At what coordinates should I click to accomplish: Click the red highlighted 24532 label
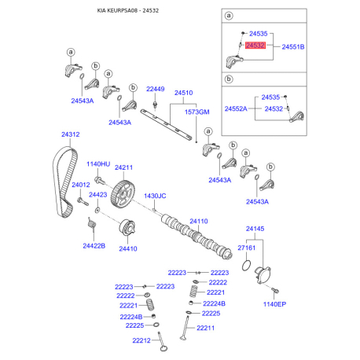(x=255, y=46)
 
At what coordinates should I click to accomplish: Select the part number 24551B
(x=293, y=47)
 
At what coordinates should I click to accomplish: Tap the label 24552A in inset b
(x=236, y=108)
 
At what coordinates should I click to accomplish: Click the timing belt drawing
(x=65, y=182)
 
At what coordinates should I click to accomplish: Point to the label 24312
(x=71, y=134)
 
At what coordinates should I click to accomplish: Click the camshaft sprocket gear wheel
(x=123, y=194)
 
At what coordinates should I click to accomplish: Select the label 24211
(x=123, y=167)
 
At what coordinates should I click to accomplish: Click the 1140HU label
(x=98, y=164)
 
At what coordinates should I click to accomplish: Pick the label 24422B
(x=94, y=246)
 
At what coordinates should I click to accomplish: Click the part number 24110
(x=199, y=222)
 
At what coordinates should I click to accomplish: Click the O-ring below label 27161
(x=246, y=266)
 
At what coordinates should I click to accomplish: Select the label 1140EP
(x=274, y=304)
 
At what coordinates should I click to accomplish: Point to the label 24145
(x=255, y=229)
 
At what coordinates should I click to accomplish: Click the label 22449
(x=156, y=89)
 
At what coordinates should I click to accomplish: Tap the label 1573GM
(x=197, y=112)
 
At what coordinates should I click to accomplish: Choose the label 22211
(x=205, y=328)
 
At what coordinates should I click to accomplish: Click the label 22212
(x=141, y=340)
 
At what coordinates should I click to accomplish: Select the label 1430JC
(x=155, y=196)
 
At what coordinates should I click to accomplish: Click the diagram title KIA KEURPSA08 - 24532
(x=128, y=11)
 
